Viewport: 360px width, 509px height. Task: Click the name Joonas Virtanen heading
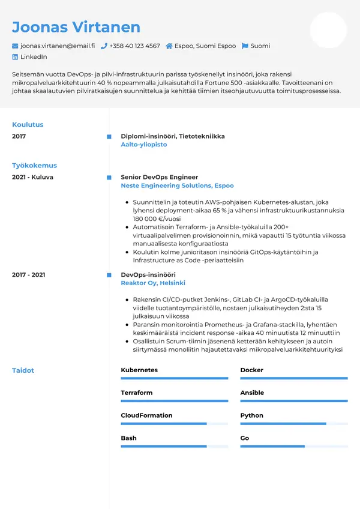[76, 27]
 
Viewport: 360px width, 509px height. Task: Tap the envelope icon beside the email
[15, 46]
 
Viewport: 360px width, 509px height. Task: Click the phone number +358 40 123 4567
[134, 46]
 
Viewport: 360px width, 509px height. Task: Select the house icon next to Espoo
[169, 46]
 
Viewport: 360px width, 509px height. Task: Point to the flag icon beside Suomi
[245, 46]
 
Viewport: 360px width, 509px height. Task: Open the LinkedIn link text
[34, 56]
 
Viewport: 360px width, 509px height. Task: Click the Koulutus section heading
[28, 125]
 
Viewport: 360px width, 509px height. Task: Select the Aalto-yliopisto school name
[144, 145]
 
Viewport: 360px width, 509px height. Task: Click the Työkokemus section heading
[34, 165]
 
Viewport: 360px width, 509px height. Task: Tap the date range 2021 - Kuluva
[32, 177]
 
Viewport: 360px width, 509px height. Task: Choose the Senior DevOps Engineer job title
[159, 177]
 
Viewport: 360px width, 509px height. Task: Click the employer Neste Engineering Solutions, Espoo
[177, 186]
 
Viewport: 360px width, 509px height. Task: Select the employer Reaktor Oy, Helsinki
[153, 283]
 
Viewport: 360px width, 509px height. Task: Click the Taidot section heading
[23, 370]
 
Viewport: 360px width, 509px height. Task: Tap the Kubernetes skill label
[139, 370]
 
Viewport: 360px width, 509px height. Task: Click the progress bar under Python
[294, 424]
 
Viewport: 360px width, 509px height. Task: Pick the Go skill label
[245, 438]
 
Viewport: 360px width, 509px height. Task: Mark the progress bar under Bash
[175, 447]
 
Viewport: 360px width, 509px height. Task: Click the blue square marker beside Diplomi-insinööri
[109, 136]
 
